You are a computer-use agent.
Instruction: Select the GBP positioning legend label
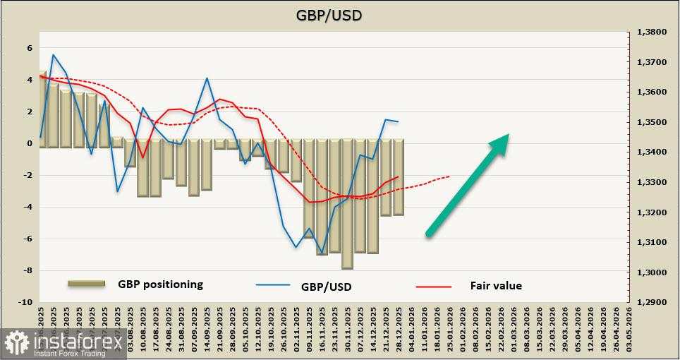click(x=160, y=284)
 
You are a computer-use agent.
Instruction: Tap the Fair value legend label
click(x=496, y=286)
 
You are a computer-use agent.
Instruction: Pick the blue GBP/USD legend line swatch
click(x=273, y=286)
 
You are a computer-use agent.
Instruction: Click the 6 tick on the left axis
click(x=30, y=48)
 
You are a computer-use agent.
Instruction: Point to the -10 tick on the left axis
click(x=25, y=302)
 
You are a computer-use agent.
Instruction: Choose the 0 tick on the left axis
click(x=30, y=143)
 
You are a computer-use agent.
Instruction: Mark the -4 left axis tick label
click(x=28, y=207)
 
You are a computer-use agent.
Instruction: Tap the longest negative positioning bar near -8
click(x=347, y=205)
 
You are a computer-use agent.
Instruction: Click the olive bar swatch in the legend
click(x=87, y=284)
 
